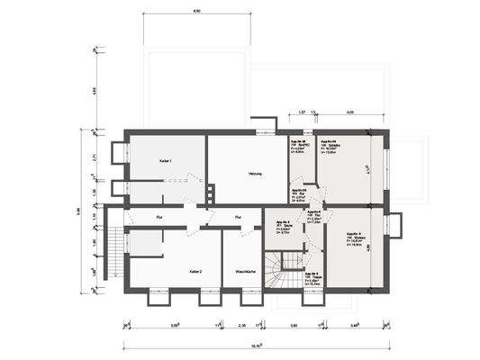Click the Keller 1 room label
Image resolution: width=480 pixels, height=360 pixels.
pos(166,160)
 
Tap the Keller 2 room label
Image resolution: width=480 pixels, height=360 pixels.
pos(195,270)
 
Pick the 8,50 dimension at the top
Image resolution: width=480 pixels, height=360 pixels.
pos(196,11)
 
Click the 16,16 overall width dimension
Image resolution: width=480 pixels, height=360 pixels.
pos(256,343)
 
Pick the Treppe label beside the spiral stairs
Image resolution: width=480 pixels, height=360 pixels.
pos(311,280)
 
